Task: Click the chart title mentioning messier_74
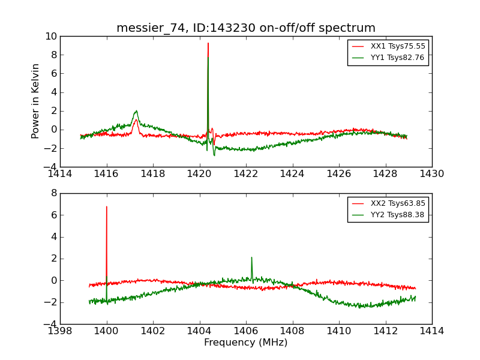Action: [246, 28]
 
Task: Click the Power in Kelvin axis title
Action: [36, 101]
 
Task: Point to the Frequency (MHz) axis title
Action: [246, 343]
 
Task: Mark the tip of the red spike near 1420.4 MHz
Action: [208, 43]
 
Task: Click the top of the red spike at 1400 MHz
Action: [107, 206]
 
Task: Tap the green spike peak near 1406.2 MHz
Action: [251, 257]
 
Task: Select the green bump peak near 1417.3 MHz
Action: [136, 111]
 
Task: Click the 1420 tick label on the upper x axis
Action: [200, 174]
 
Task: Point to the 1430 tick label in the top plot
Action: [431, 174]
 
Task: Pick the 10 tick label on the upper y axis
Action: [50, 37]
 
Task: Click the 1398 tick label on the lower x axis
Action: [60, 331]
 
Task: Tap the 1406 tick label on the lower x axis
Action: [246, 331]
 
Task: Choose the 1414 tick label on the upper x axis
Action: [60, 174]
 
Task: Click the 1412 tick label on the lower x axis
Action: [385, 331]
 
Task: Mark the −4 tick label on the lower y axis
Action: [50, 324]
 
